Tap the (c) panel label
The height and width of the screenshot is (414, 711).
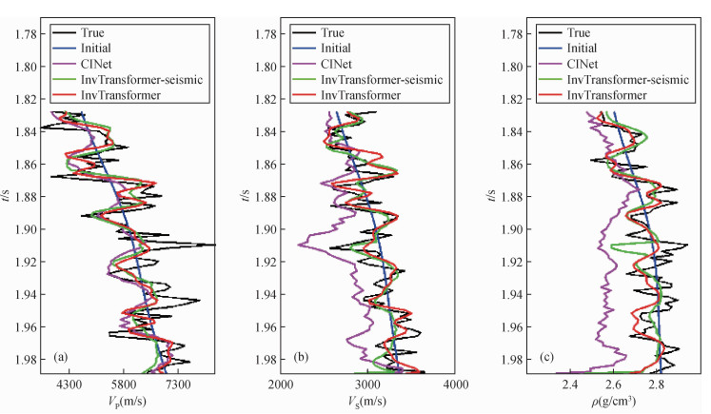click(x=545, y=359)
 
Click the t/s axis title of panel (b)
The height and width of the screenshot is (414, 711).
click(x=246, y=196)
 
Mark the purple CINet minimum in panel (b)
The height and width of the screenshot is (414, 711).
click(x=298, y=245)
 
